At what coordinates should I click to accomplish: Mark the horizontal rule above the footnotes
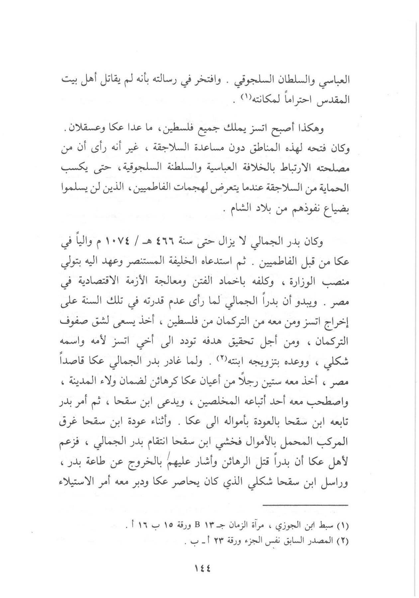pos(306,505)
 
